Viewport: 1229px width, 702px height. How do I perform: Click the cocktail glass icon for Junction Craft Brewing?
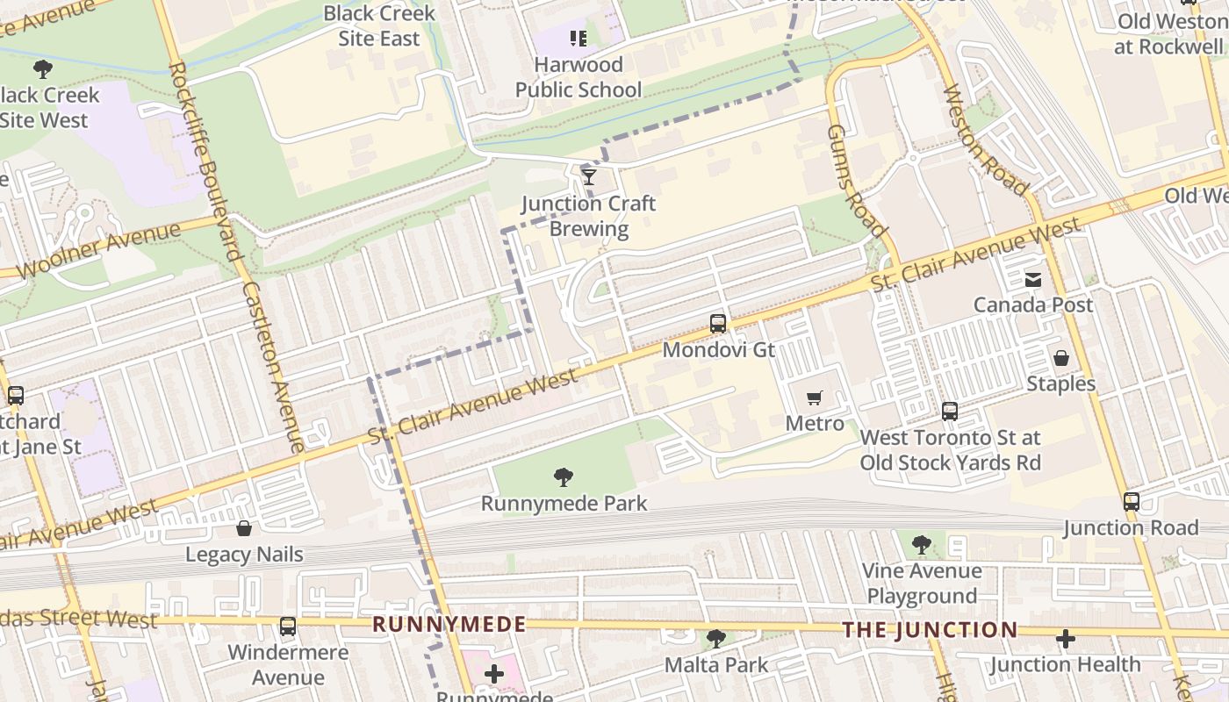(x=589, y=177)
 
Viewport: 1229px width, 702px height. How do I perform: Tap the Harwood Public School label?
(x=578, y=77)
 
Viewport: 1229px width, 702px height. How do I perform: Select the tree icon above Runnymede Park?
(x=564, y=477)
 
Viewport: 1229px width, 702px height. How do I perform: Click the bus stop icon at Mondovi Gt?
(x=718, y=324)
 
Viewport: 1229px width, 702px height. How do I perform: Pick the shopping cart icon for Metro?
(x=815, y=398)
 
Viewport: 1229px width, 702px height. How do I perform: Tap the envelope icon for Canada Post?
(x=1033, y=280)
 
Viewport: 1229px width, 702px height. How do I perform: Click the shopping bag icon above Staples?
(x=1061, y=358)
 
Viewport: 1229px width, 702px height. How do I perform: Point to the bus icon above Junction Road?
(x=1131, y=502)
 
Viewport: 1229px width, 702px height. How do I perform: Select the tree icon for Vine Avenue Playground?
(x=921, y=545)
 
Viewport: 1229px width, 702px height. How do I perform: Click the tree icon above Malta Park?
(x=716, y=639)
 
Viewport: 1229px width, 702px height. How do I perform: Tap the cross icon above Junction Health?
(x=1066, y=639)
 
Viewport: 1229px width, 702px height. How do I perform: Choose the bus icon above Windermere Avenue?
(x=287, y=627)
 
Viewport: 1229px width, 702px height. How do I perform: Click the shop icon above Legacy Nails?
(x=244, y=528)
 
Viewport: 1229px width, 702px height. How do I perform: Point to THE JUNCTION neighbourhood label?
(x=930, y=630)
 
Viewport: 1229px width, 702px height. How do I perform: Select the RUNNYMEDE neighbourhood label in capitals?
(x=449, y=625)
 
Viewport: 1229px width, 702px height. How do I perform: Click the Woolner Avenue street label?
(x=98, y=251)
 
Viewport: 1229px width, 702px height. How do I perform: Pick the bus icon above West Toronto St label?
(x=949, y=412)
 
